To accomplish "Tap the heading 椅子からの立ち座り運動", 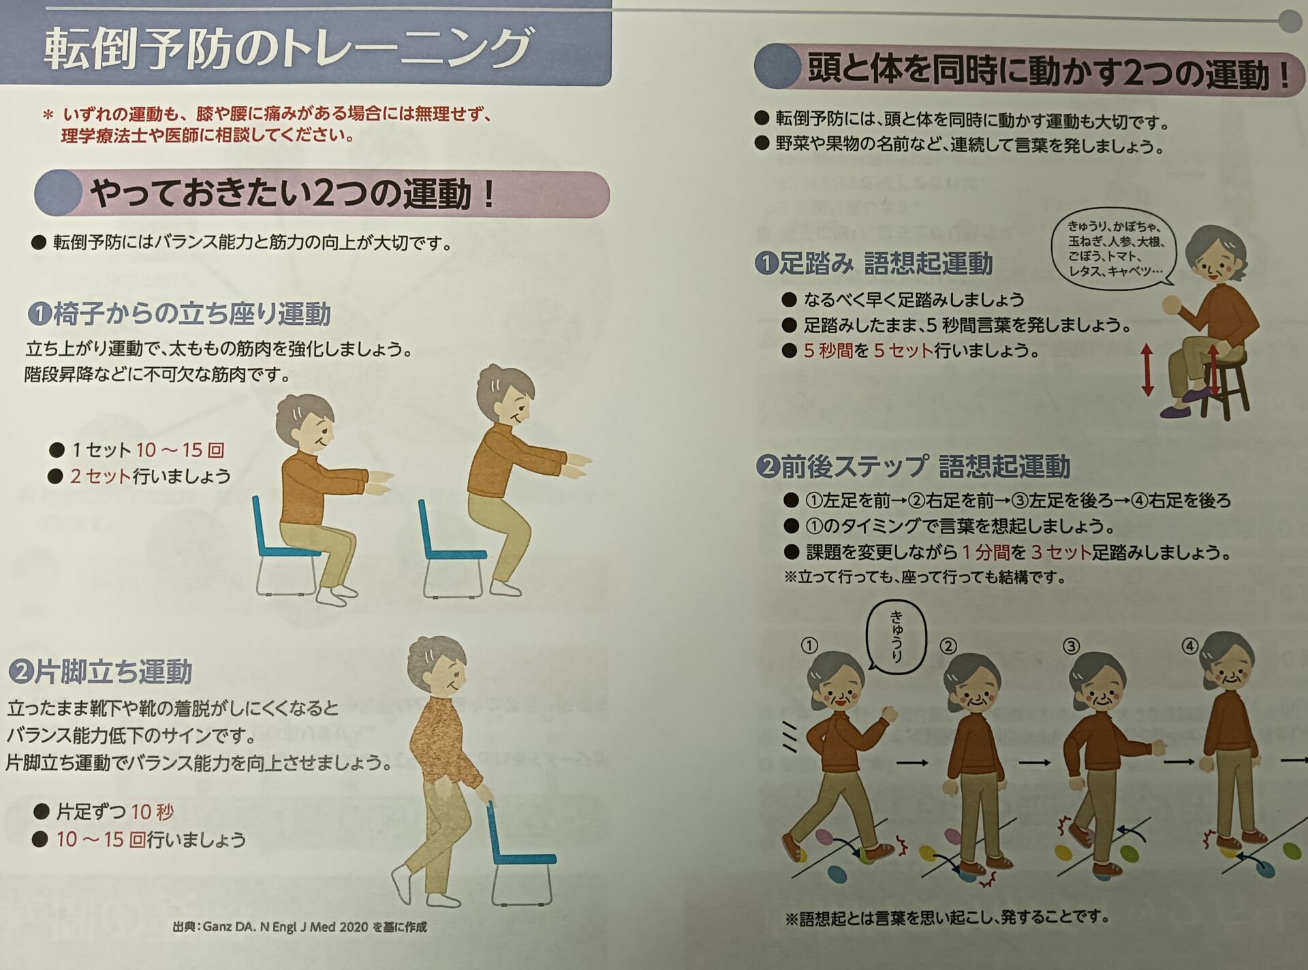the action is coord(179,314).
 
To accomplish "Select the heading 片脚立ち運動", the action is coord(100,672).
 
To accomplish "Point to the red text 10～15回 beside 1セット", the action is coord(181,450).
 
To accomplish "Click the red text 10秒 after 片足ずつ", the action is coord(153,811).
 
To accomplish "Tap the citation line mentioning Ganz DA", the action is coord(300,926).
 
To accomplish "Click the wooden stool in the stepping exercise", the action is coord(1226,382).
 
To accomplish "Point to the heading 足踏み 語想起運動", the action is coord(874,263).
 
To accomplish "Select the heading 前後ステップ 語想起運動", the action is coord(913,467).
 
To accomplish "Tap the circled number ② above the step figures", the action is coord(948,646).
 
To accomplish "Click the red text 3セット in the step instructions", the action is coord(1061,551).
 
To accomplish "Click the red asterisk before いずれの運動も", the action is coord(48,115).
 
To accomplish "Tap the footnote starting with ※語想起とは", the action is coord(948,918).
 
